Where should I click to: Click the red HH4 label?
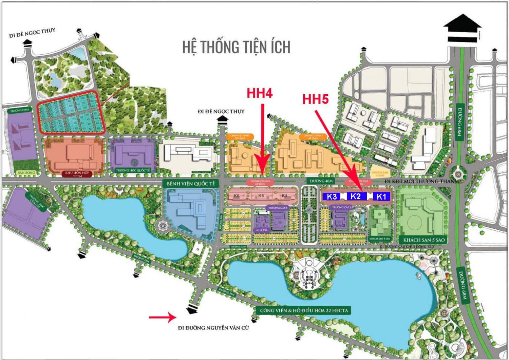(260, 93)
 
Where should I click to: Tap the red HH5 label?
(316, 99)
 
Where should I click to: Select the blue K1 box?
(381, 196)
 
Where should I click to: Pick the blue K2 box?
(356, 196)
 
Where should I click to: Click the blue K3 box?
(332, 196)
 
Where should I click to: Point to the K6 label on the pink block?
(237, 196)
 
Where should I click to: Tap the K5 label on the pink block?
(261, 196)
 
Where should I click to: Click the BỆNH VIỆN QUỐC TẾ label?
(191, 184)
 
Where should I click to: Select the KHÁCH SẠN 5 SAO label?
(424, 240)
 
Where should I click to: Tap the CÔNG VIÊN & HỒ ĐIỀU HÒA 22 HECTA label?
(304, 310)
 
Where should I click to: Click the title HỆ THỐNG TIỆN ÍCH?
(236, 47)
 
